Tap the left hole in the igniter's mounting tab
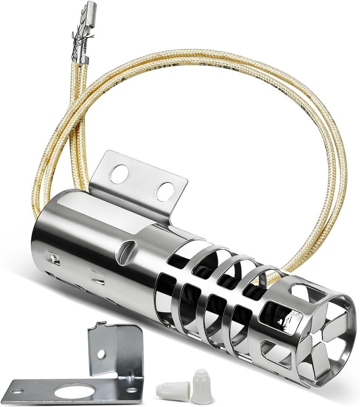[x=119, y=174]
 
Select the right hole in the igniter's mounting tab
[x=165, y=191]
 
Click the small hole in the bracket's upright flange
[x=101, y=354]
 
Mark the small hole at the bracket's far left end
[x=17, y=392]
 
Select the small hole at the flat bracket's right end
[x=131, y=390]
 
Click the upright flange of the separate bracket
[x=115, y=350]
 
